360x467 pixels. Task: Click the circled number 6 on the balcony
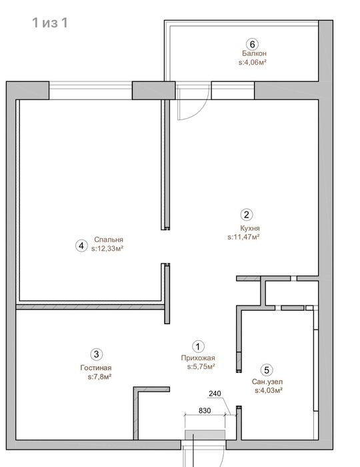[252, 45]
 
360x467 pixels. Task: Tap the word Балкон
[254, 53]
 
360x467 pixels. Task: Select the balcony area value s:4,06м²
[252, 63]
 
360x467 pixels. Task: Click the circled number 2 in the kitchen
[247, 214]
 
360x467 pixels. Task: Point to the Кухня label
[250, 228]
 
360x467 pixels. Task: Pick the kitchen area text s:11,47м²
[244, 237]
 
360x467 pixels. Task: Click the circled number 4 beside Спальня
[81, 246]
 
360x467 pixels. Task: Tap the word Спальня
[109, 240]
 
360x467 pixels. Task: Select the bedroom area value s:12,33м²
[107, 248]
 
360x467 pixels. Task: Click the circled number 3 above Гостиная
[97, 354]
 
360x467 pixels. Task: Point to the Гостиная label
[96, 368]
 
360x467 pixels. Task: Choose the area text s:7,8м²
[100, 377]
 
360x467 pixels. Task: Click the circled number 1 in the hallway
[198, 346]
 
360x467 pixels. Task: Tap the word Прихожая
[198, 358]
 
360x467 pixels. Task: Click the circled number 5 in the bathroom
[267, 370]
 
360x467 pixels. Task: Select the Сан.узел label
[267, 382]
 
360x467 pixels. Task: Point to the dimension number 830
[205, 410]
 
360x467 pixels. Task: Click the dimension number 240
[215, 394]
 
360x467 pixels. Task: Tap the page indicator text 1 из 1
[50, 23]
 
